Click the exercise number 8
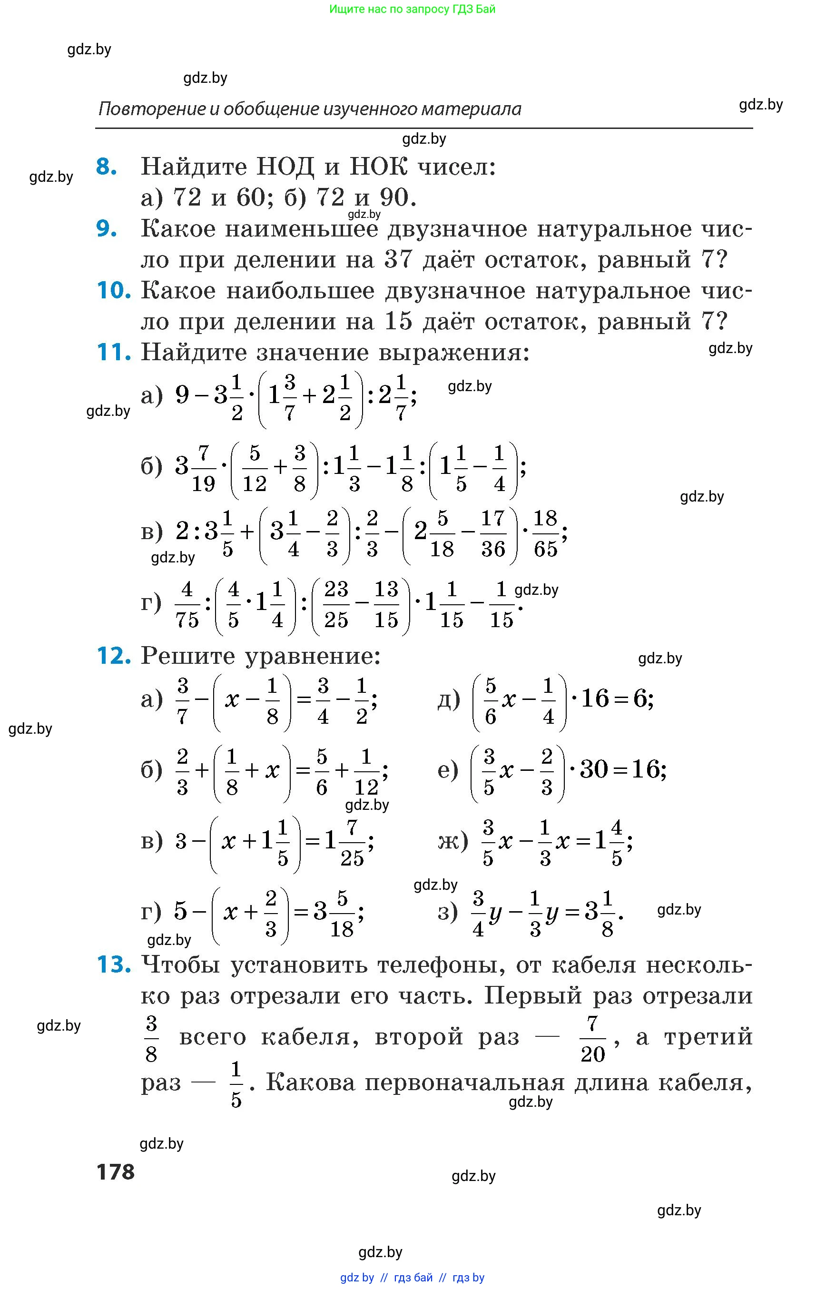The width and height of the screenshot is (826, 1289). (106, 167)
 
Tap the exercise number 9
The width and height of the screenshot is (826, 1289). (106, 228)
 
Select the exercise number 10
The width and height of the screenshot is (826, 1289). (113, 290)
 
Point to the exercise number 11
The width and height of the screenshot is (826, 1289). (113, 353)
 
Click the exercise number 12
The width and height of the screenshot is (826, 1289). (113, 656)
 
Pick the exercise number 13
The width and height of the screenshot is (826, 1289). (113, 964)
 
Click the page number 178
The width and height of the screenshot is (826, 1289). (115, 1171)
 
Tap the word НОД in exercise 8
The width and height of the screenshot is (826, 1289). (285, 167)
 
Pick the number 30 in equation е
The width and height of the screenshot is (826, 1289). (594, 770)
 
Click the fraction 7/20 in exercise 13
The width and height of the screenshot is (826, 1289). (593, 1039)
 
